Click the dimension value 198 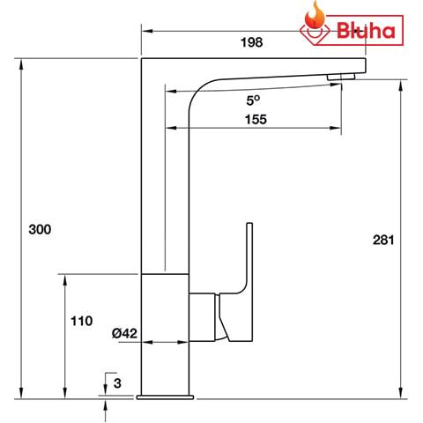point(253,41)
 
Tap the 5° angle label point(254,100)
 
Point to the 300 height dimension point(40,229)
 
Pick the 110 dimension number point(80,321)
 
